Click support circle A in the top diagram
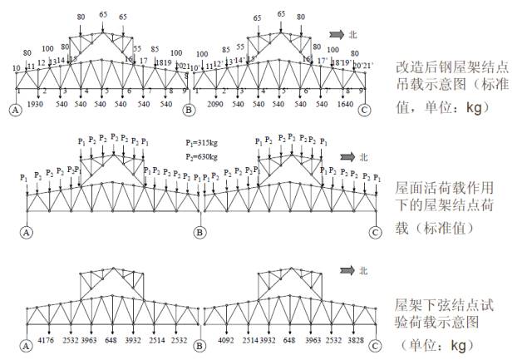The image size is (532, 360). (x=14, y=109)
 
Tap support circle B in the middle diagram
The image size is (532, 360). (x=199, y=231)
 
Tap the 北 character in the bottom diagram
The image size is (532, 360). (x=362, y=270)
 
